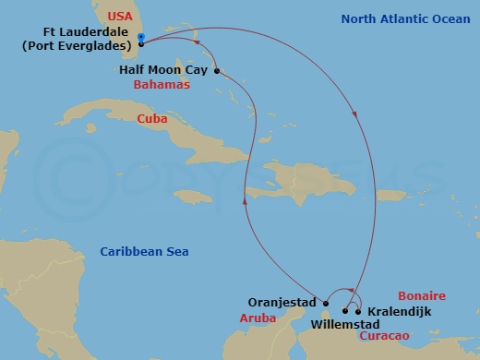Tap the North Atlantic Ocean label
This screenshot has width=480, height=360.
399,18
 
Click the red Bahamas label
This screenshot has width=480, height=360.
162,84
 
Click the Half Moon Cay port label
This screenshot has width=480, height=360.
162,69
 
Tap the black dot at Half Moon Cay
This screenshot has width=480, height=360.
216,70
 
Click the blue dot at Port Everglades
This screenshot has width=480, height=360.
140,37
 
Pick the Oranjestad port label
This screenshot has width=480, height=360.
283,301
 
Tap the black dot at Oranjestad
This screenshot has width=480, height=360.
326,302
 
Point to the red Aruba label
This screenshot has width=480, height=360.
257,317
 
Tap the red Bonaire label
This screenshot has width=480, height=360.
421,296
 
